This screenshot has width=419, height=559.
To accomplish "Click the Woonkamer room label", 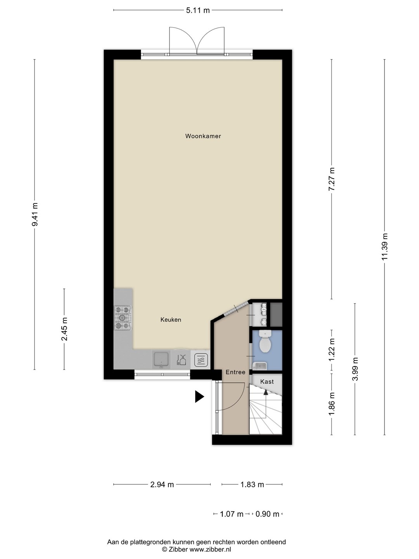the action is (203, 136).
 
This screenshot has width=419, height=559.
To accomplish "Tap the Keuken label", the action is (171, 319).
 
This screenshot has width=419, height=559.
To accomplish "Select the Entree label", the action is (235, 372).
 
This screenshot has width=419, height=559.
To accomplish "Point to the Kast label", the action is (267, 382).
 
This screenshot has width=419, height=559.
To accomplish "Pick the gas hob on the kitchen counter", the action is (123, 318).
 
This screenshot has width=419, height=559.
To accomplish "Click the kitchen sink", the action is (161, 359).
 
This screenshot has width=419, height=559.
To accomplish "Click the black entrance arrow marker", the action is (199, 396).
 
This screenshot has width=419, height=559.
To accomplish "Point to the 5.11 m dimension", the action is (198, 10).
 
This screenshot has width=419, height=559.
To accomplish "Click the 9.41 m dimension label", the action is (35, 214).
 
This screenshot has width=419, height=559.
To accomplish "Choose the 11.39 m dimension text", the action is (384, 247).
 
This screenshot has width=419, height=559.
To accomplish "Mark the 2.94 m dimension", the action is (162, 484).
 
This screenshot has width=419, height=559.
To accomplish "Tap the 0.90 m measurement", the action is (267, 514).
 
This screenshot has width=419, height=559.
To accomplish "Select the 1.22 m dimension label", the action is (331, 349).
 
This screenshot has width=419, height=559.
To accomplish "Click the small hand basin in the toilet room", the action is (260, 366).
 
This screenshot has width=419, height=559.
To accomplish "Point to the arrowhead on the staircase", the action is (266, 392).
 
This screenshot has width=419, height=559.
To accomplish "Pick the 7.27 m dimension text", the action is (331, 179).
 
